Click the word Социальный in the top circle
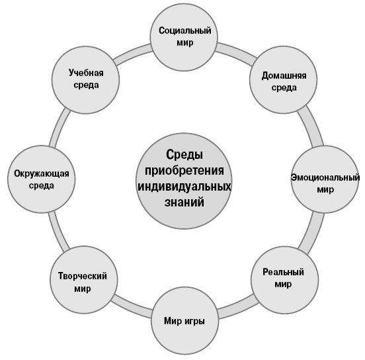tap(185, 31)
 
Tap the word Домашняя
tap(284, 76)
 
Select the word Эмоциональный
tap(325, 177)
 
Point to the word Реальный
tap(283, 272)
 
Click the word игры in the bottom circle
tap(195, 322)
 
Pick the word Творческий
tap(83, 276)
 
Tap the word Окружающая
tap(42, 174)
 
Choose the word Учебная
tap(86, 73)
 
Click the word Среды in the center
tap(184, 155)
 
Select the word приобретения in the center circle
tap(184, 171)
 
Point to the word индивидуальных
tap(184, 187)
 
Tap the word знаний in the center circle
tap(184, 202)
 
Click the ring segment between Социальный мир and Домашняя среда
tap(237, 52)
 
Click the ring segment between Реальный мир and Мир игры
tap(238, 308)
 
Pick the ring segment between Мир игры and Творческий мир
tap(131, 307)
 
